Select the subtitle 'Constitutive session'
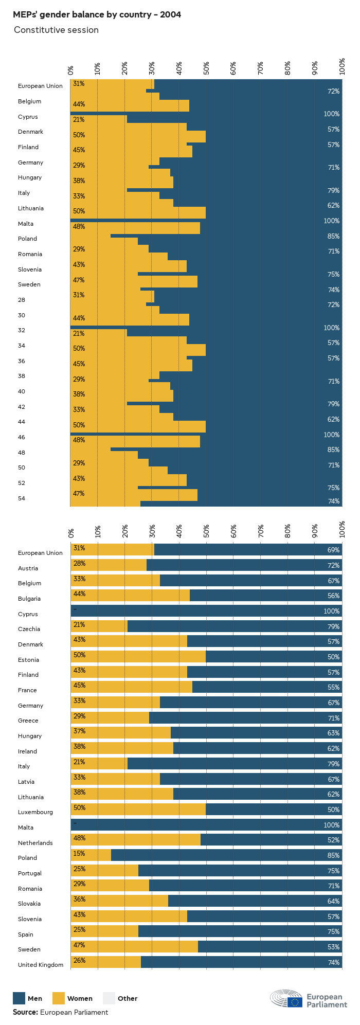coord(56,30)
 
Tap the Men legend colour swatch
coord(19,998)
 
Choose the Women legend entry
coord(73,998)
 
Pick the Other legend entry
coord(121,998)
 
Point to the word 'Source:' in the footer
coord(25,1012)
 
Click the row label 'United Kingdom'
coord(41,965)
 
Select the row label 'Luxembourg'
coord(35,812)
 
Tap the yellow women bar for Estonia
coord(138,657)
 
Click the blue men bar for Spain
coord(240,931)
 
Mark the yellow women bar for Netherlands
coord(135,840)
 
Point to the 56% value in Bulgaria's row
coord(333,596)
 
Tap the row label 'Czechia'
coord(29,629)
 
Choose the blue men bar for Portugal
coord(240,871)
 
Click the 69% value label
coord(333,550)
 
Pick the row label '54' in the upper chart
coord(22,498)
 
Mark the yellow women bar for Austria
coord(109,565)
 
